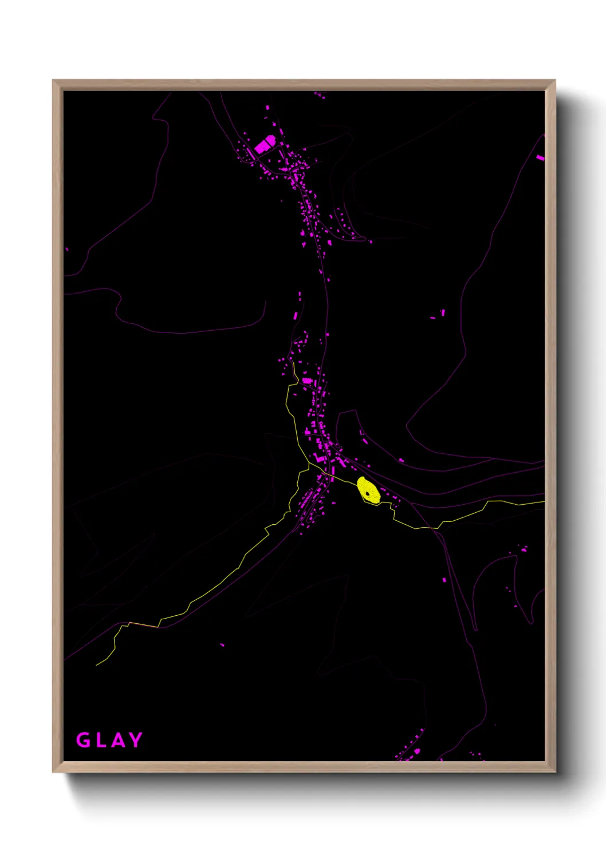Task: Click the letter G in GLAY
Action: click(x=83, y=740)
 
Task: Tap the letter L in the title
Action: click(x=100, y=740)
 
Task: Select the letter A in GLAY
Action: click(x=117, y=740)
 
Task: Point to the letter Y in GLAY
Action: click(x=136, y=740)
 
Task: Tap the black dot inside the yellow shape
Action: click(x=367, y=492)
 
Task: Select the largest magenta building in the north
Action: click(x=265, y=144)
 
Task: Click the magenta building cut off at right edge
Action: click(x=540, y=157)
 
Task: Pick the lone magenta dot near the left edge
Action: click(x=67, y=249)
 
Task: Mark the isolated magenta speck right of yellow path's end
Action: click(x=222, y=645)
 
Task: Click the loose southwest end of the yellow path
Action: click(x=96, y=665)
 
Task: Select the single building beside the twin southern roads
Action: click(x=444, y=580)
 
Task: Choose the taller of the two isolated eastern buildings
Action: click(x=443, y=312)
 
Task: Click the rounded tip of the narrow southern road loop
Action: click(x=475, y=629)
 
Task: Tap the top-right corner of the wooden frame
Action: click(x=554, y=81)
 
